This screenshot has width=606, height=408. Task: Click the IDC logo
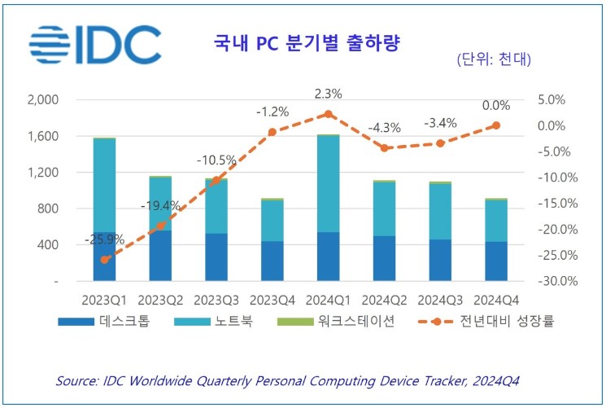[x=94, y=45]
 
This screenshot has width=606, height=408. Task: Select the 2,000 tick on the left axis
[x=43, y=100]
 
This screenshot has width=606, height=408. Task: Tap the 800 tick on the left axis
[x=48, y=208]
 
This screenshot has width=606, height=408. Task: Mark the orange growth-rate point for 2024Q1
[x=328, y=114]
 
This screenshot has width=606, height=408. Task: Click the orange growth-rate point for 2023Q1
[x=104, y=260]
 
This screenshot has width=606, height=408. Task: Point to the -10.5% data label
[x=216, y=160]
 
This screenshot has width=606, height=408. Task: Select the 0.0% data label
[x=496, y=106]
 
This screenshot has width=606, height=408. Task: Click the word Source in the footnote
[x=76, y=380]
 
